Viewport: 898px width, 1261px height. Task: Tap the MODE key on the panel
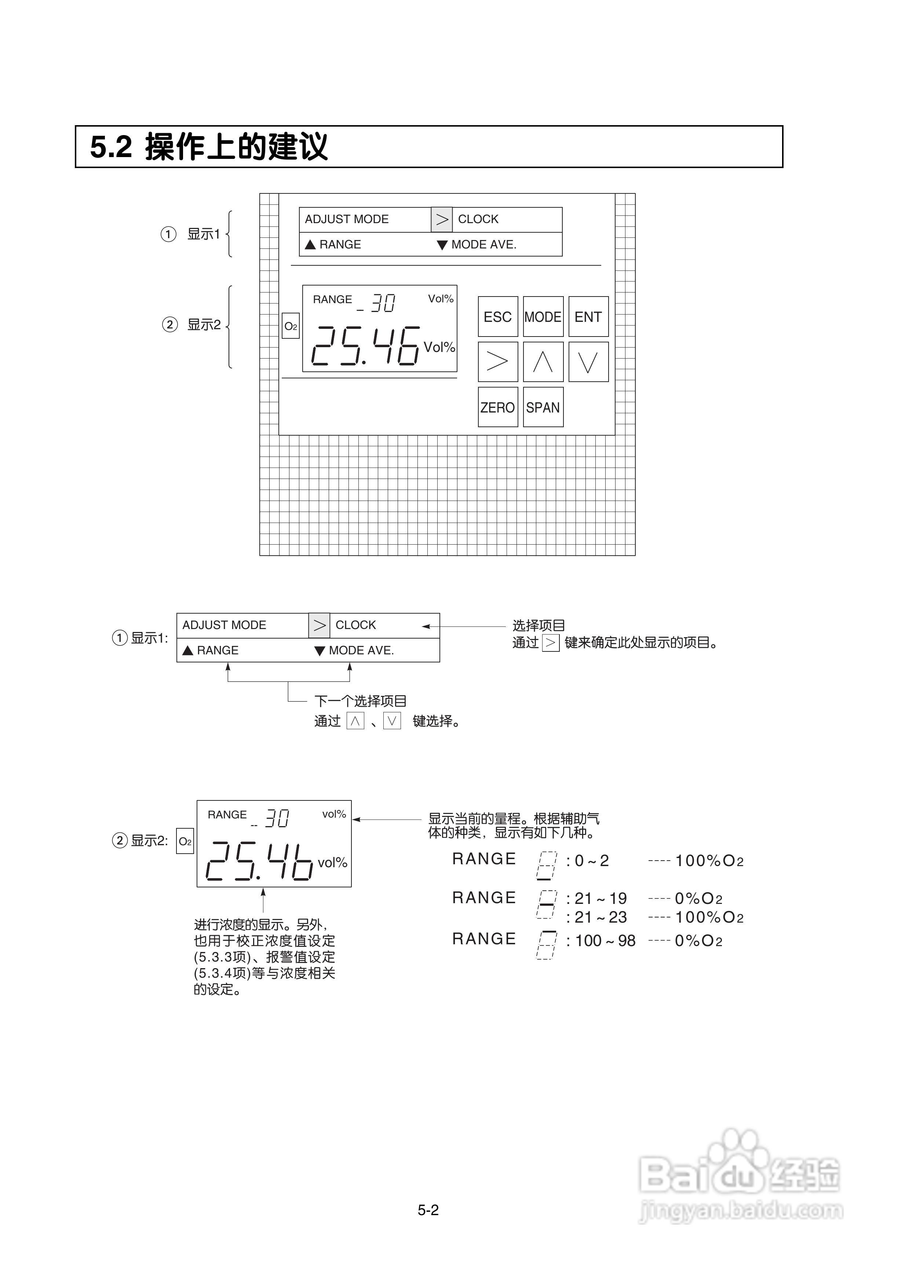click(x=543, y=317)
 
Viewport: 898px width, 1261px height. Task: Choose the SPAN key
click(x=543, y=408)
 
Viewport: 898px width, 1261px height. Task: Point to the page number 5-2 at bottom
click(x=428, y=1210)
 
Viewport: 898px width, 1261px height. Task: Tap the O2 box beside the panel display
click(x=290, y=326)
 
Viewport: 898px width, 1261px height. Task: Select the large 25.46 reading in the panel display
click(x=365, y=346)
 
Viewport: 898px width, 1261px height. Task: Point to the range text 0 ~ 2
click(x=592, y=861)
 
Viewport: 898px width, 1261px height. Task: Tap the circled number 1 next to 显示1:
click(x=120, y=638)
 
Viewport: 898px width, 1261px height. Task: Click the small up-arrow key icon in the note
click(x=355, y=721)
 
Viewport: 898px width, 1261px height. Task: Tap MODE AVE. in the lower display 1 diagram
click(x=361, y=650)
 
